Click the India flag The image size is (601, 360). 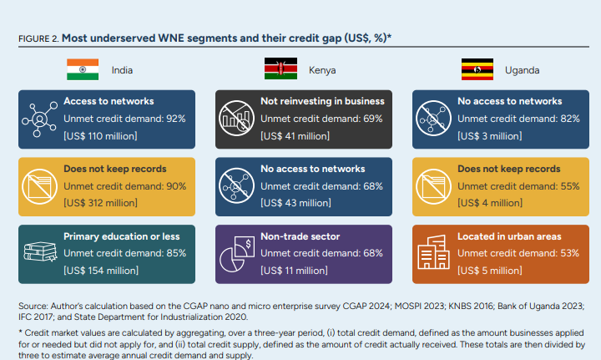pos(83,69)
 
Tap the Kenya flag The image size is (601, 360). pos(280,69)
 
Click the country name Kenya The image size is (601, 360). pos(322,70)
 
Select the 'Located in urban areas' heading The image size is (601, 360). pos(509,236)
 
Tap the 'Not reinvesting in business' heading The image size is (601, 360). pos(322,102)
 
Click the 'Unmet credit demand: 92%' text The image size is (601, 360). pos(124,119)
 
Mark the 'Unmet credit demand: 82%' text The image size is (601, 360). pos(518,119)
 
